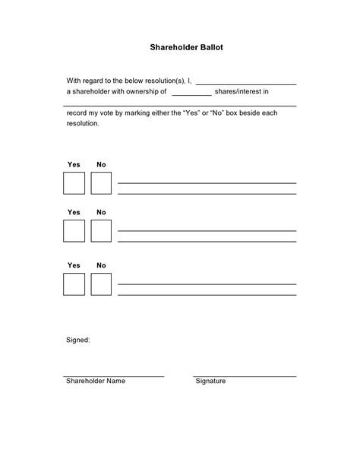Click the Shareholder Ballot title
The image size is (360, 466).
180,47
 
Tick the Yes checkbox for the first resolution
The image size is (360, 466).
74,183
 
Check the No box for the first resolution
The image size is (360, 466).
101,183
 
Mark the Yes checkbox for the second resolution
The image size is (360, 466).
74,231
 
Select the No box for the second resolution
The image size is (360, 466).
101,231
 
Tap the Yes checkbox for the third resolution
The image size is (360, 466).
74,284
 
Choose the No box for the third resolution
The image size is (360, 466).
101,284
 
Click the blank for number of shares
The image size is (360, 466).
191,95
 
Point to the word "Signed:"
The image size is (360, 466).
78,340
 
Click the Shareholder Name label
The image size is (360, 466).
95,381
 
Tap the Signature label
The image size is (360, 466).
210,381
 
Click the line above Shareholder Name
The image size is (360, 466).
114,376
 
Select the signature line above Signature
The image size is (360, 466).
245,376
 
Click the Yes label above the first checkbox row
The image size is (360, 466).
74,164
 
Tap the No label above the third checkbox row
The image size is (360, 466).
101,265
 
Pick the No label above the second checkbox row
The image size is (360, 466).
101,212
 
